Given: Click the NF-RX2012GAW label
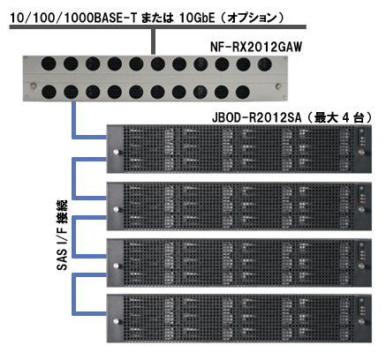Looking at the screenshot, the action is click(x=256, y=47).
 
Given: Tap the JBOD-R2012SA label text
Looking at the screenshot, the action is click(x=257, y=117).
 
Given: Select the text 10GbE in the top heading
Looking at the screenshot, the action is click(x=197, y=19).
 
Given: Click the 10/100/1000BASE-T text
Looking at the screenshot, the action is click(x=73, y=19).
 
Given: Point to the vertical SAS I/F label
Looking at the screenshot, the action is click(x=62, y=236).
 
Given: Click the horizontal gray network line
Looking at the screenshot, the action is click(x=158, y=27).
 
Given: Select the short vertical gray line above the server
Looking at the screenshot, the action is click(x=153, y=41).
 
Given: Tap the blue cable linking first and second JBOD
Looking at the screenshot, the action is click(x=74, y=178).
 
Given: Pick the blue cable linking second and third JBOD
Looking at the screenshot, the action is click(x=74, y=236).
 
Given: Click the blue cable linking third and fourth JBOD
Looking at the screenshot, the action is click(x=74, y=294).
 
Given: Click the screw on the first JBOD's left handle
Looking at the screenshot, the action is click(x=116, y=152).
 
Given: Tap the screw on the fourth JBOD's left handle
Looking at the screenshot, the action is click(x=116, y=321).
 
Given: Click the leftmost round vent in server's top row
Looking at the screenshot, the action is click(x=49, y=64).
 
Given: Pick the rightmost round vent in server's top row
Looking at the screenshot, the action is click(x=264, y=64).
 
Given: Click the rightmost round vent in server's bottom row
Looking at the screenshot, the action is click(x=243, y=92).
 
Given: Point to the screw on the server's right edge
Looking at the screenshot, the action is click(x=278, y=86).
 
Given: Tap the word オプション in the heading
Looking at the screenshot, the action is click(x=252, y=19).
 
